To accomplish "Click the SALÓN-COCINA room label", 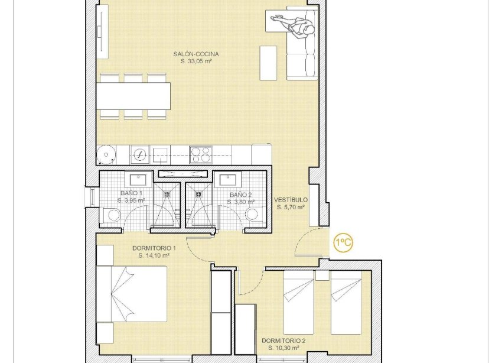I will pyautogui.click(x=192, y=54).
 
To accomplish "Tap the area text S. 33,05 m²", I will pyautogui.click(x=192, y=61).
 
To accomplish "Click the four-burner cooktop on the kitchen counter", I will pyautogui.click(x=200, y=154).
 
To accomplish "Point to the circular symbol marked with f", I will pyautogui.click(x=139, y=155).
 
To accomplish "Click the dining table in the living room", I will pyautogui.click(x=135, y=96).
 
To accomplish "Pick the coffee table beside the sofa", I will pyautogui.click(x=268, y=63).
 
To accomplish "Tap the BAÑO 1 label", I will pyautogui.click(x=131, y=193).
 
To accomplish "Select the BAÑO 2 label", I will pyautogui.click(x=240, y=195).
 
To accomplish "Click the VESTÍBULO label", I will pyautogui.click(x=291, y=200).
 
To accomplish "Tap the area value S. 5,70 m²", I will pyautogui.click(x=291, y=207).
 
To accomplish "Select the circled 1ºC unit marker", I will pyautogui.click(x=343, y=242).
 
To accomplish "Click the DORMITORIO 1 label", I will pyautogui.click(x=154, y=248).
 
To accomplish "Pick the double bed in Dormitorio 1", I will pyautogui.click(x=132, y=294).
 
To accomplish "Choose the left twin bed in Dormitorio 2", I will pyautogui.click(x=299, y=302).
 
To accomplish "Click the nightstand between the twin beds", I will pyautogui.click(x=322, y=275).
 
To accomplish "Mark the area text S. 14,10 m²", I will pyautogui.click(x=154, y=255).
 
